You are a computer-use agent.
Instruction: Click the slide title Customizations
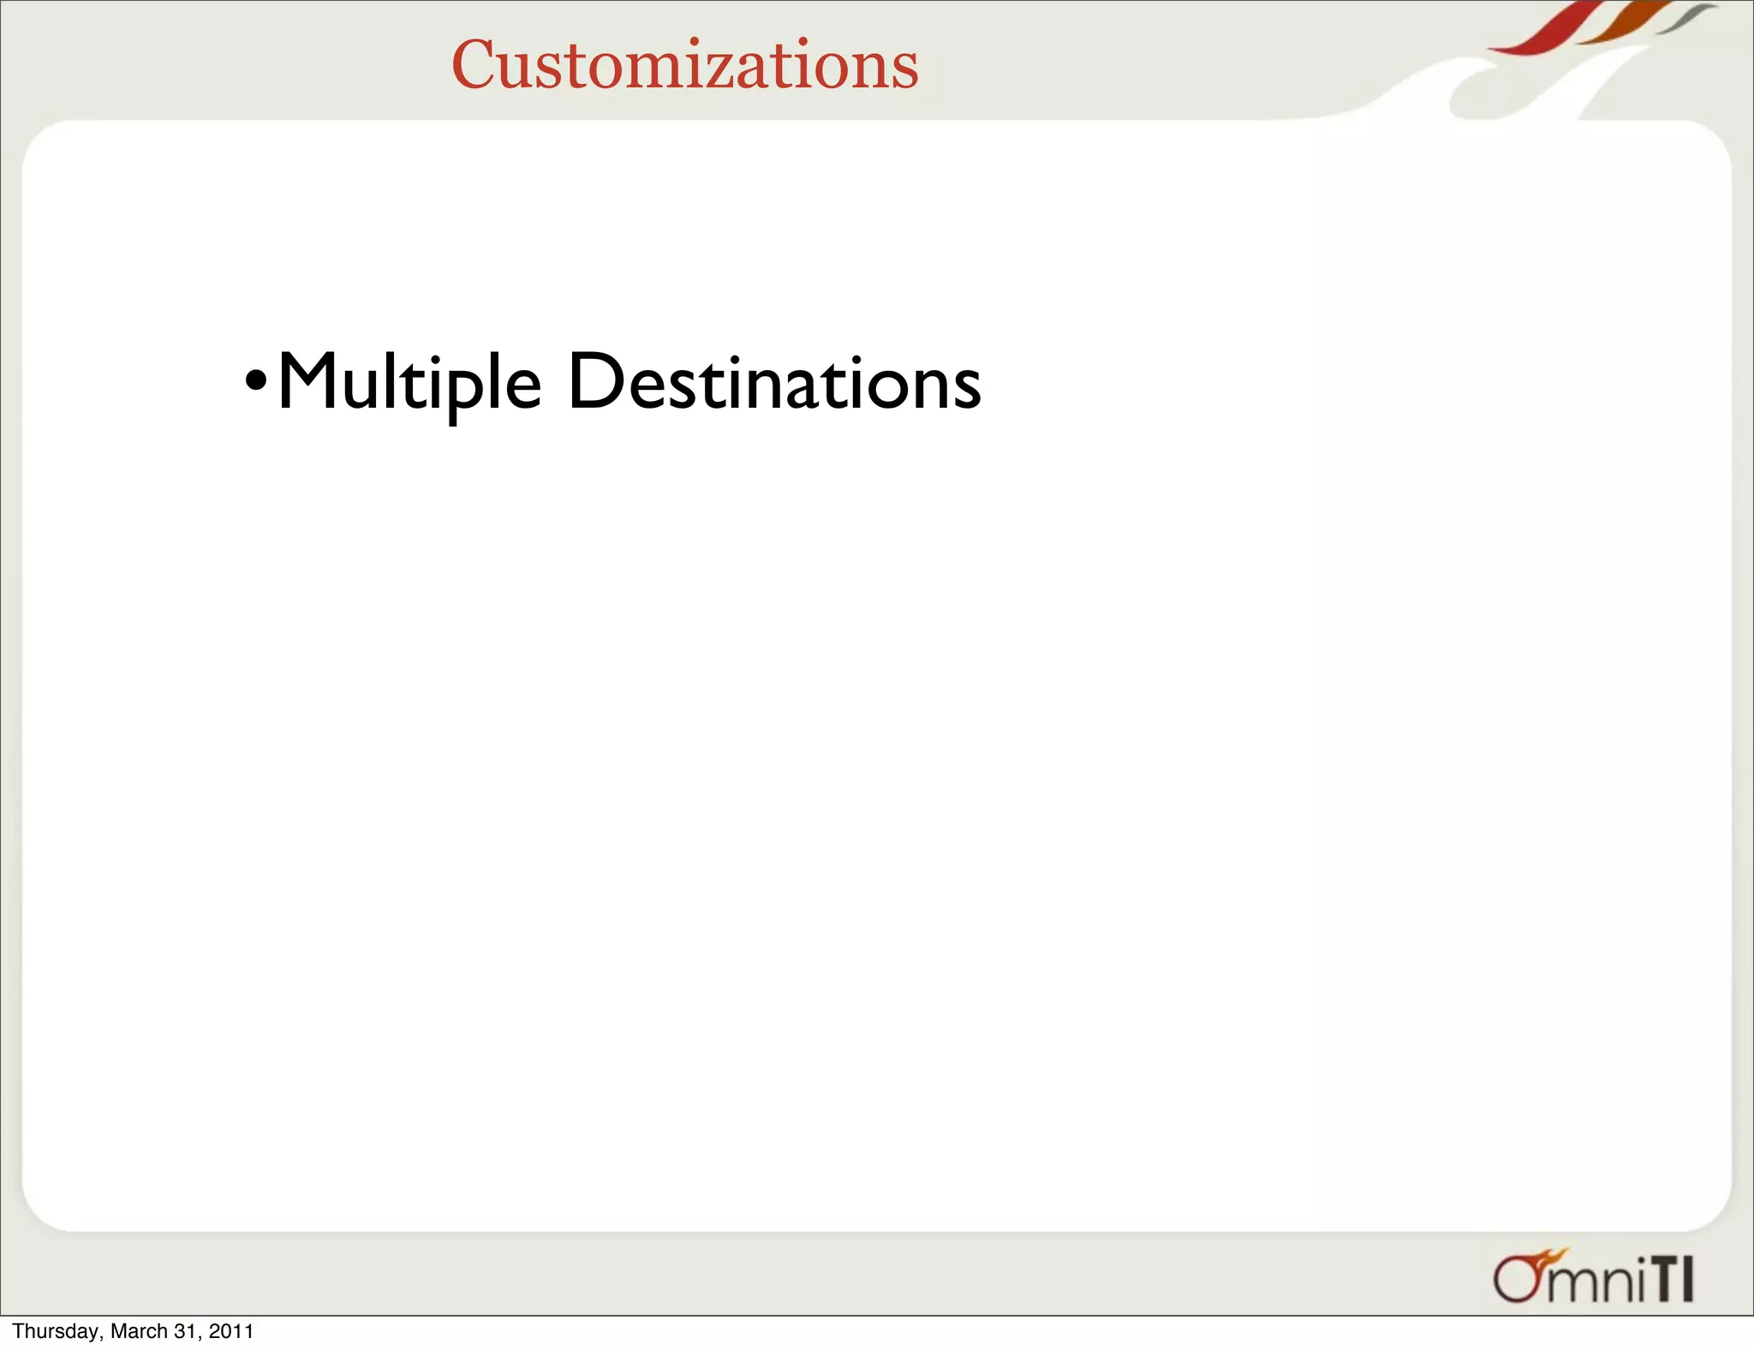pos(684,65)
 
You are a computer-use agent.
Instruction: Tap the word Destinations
pos(774,382)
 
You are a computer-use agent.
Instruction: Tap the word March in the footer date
pos(139,1331)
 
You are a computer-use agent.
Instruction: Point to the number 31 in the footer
pos(186,1331)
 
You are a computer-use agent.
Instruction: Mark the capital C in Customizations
pos(475,65)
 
